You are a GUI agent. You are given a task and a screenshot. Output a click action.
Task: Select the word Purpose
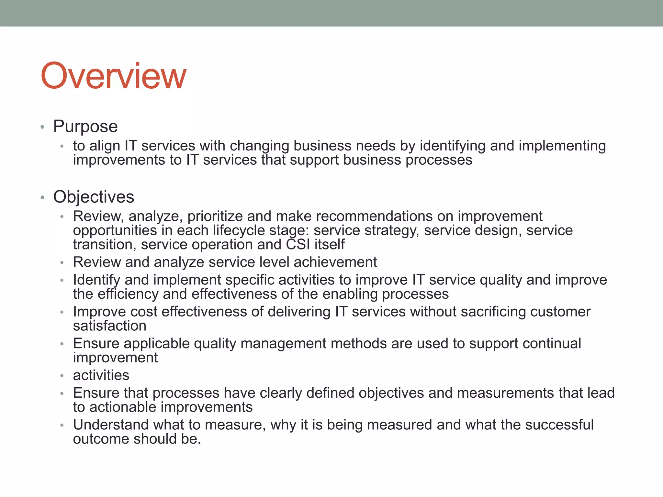[x=85, y=126]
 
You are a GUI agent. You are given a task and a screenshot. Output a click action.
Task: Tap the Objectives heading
[x=94, y=197]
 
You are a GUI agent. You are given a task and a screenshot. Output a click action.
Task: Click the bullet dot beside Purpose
[x=42, y=127]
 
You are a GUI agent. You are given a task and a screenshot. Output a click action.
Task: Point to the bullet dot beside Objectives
[x=42, y=198]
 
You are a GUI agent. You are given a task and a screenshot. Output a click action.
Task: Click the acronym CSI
[x=298, y=244]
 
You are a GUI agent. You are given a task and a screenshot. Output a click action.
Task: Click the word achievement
[x=335, y=262]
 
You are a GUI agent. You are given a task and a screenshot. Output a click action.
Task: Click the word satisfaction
[x=109, y=326]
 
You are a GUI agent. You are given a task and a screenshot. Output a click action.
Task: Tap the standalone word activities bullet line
[x=101, y=375]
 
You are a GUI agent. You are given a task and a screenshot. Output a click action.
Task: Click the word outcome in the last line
[x=101, y=439]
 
